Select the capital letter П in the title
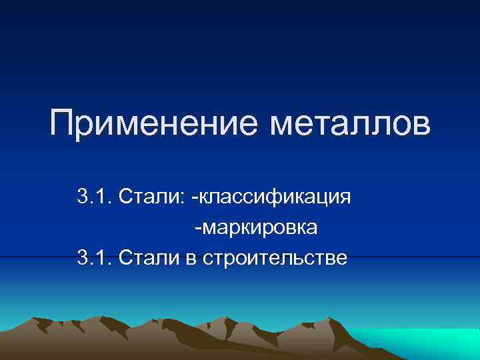click(64, 125)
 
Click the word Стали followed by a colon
click(146, 197)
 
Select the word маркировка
click(259, 228)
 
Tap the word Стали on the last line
click(144, 258)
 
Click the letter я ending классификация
click(345, 199)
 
